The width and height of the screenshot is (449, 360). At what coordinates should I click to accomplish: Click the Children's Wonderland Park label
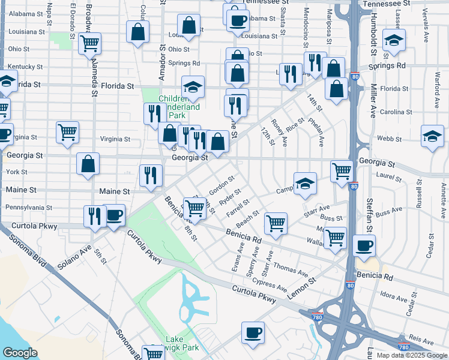[x=179, y=107]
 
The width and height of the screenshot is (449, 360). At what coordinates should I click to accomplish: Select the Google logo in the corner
[x=20, y=353]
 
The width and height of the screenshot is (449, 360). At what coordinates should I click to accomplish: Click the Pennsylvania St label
[x=29, y=208]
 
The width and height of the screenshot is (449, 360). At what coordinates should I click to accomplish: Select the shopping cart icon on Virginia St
[x=68, y=133]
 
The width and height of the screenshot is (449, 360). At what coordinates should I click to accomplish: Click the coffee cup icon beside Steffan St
[x=364, y=245]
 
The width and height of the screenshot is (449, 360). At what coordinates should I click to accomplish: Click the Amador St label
[x=161, y=64]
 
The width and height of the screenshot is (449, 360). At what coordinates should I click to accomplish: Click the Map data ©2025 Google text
[x=411, y=355]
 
